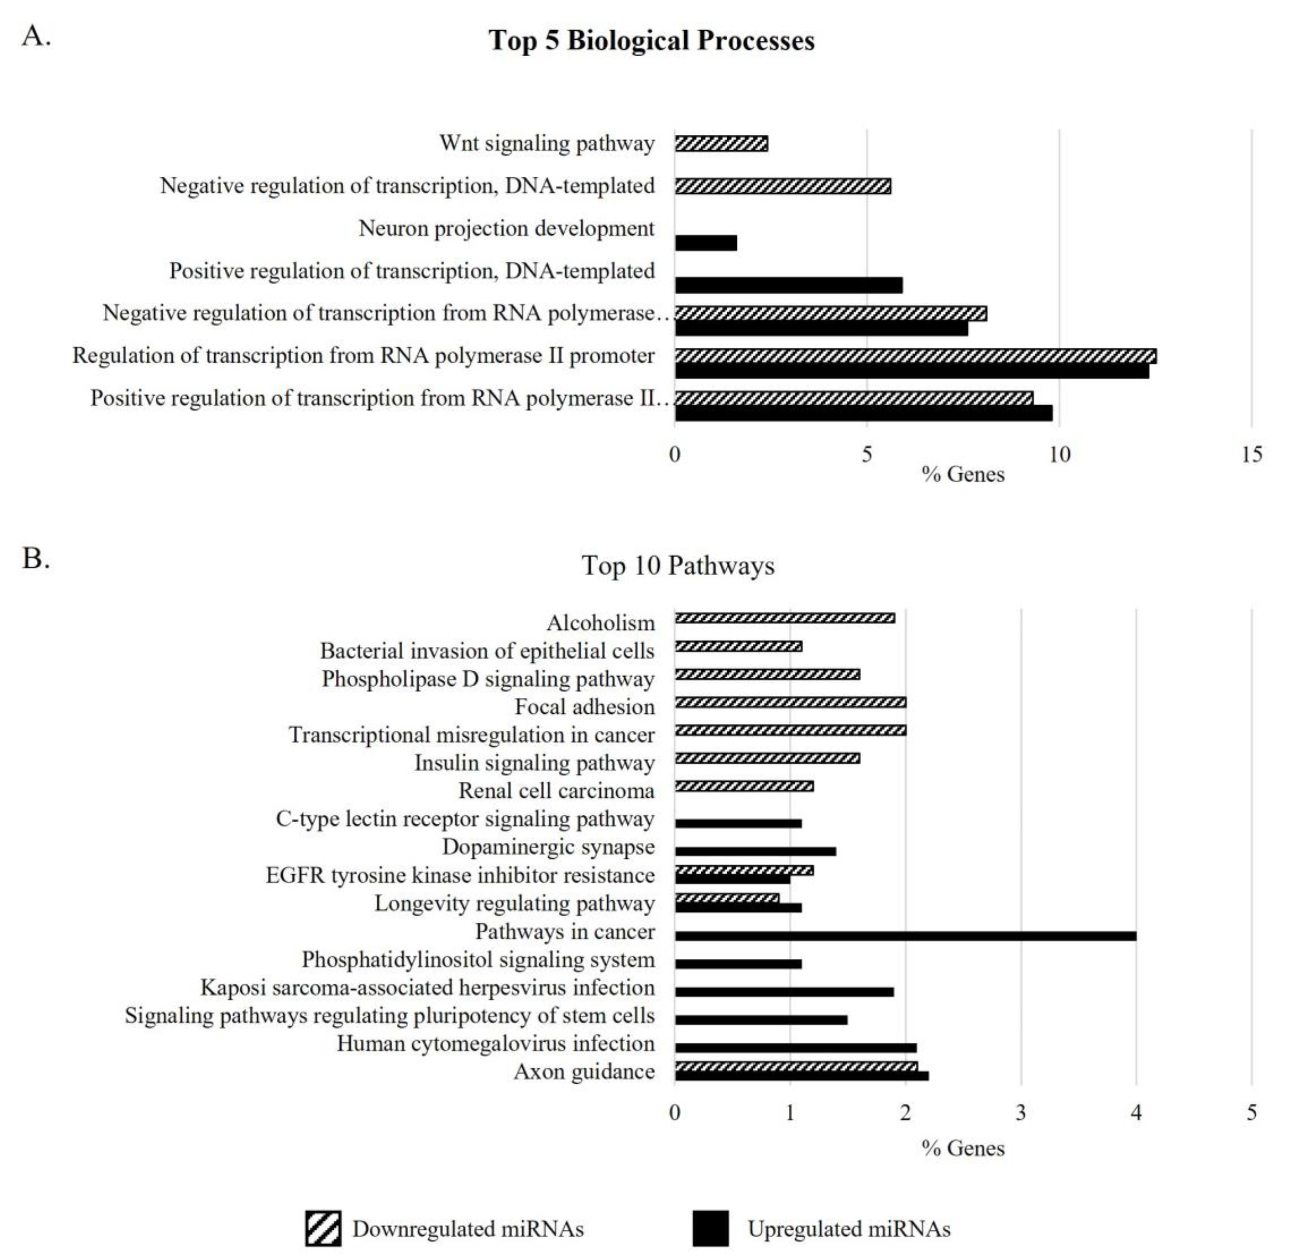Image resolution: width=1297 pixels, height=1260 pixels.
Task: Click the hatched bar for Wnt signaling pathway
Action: (x=721, y=144)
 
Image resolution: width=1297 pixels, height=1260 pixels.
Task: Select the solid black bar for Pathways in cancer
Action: (x=905, y=936)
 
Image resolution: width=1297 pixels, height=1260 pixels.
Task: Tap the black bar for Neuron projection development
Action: (x=705, y=243)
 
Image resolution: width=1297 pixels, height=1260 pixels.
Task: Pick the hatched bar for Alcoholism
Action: (x=785, y=618)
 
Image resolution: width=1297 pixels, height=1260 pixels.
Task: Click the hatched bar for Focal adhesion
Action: (x=790, y=702)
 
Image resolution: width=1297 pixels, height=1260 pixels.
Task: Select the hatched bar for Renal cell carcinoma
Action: (x=744, y=786)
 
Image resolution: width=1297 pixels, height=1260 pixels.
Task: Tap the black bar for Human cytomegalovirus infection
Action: (x=795, y=1047)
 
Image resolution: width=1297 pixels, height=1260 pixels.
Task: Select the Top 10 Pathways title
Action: (x=678, y=565)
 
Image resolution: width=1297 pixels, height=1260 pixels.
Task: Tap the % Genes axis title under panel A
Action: (x=963, y=474)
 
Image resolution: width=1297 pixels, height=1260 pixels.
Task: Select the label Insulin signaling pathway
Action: (x=534, y=763)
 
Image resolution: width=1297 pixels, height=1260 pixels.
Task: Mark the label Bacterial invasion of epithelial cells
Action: (x=487, y=651)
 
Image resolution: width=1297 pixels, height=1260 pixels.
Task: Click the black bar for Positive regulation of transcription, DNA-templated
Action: (x=789, y=285)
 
